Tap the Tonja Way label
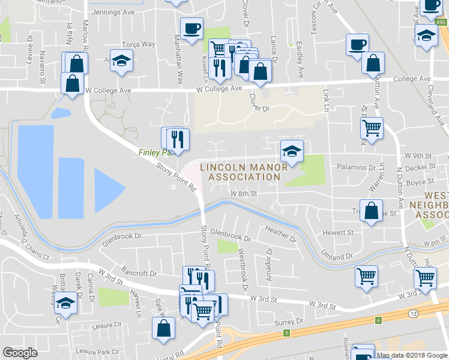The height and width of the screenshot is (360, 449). tap(139, 44)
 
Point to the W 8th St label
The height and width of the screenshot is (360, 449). tap(244, 194)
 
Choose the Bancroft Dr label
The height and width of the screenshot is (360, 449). tap(139, 274)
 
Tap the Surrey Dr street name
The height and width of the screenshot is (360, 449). tap(289, 322)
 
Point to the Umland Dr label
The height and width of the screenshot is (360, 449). tap(336, 257)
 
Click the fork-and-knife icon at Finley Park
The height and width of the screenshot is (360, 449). tap(177, 139)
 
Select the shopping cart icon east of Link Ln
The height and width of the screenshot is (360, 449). tap(372, 127)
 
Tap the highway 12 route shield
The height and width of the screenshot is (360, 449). tap(414, 313)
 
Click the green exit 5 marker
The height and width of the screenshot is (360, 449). tap(288, 333)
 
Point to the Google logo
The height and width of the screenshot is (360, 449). tap(20, 353)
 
